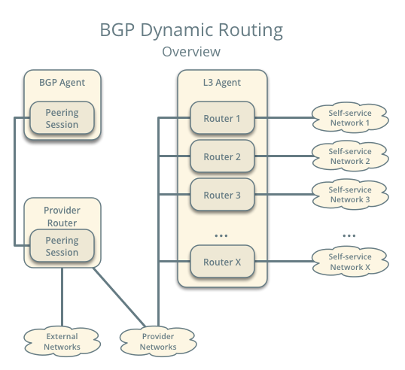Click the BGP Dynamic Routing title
tap(191, 30)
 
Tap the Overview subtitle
tap(191, 52)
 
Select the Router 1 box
tap(222, 118)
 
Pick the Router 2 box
tap(222, 157)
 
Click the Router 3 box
tap(222, 196)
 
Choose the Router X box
tap(222, 262)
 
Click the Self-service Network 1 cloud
tap(350, 118)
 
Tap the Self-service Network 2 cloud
tap(350, 156)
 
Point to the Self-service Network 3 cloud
tap(350, 195)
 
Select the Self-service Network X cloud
tap(350, 262)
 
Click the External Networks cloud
tap(62, 342)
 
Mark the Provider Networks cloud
tap(158, 342)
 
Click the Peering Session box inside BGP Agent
tap(62, 120)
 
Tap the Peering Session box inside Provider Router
tap(62, 247)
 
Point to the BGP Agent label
tap(62, 82)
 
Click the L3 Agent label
tap(222, 82)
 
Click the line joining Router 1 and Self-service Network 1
tap(283, 118)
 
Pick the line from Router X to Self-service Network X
tap(283, 262)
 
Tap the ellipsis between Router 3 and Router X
tap(221, 236)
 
